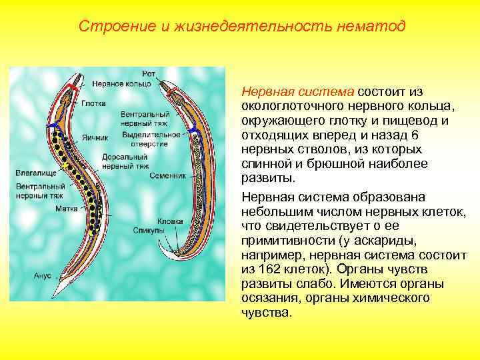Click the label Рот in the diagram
(x=150, y=73)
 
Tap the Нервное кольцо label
(x=122, y=84)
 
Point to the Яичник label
(x=95, y=138)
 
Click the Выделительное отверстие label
(x=151, y=139)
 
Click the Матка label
(x=66, y=209)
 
